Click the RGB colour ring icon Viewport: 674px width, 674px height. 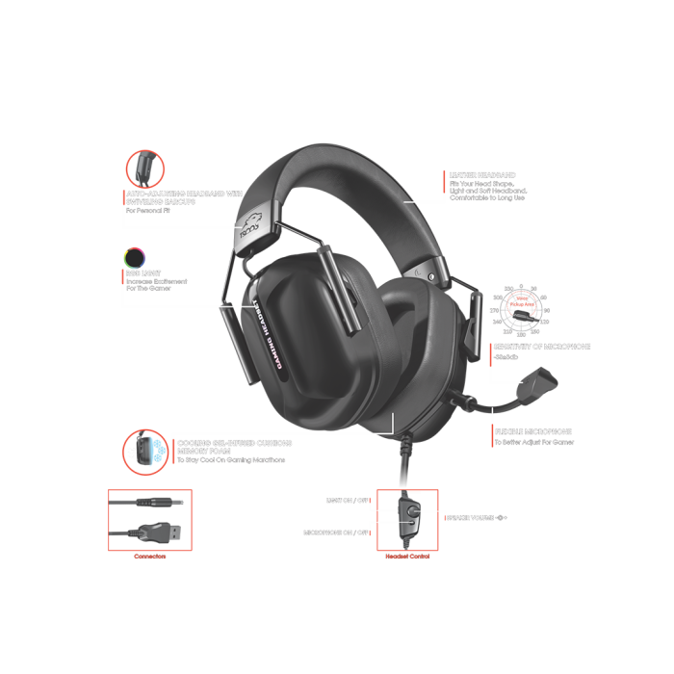pos(134,257)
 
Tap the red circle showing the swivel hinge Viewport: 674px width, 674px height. pos(145,169)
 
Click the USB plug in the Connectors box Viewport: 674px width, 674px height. pos(157,531)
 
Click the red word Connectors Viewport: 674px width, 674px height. pos(149,557)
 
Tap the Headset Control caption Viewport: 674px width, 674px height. pos(406,557)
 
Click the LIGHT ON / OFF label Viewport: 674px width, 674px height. pos(348,501)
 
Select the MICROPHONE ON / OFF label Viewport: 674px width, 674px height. pos(337,531)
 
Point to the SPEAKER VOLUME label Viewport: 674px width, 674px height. pos(476,518)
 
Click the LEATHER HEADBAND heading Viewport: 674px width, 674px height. pos(489,175)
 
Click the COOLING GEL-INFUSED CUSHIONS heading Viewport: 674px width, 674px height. pos(234,443)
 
